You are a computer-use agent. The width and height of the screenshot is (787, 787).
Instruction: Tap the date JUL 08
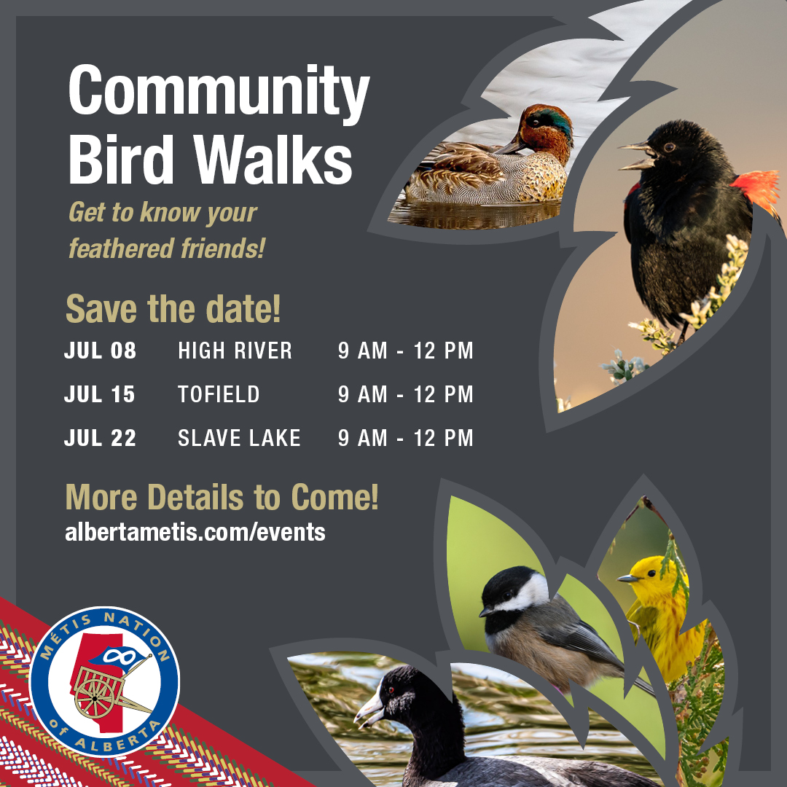tap(100, 351)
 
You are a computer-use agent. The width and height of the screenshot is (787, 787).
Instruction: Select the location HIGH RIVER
tap(235, 351)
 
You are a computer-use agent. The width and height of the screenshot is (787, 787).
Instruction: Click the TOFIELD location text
tap(219, 395)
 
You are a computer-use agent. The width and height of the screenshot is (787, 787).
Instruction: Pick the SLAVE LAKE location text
tap(239, 438)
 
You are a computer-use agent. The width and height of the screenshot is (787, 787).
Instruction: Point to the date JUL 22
tap(100, 438)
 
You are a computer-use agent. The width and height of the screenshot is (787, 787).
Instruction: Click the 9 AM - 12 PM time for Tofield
tap(405, 395)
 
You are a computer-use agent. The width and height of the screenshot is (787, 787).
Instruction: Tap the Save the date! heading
tap(173, 309)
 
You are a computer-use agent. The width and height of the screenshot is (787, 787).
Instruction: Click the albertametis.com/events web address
tap(195, 532)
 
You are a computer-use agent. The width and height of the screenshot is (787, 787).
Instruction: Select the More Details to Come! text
tap(222, 498)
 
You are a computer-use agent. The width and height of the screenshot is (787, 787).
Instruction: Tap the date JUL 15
tap(100, 395)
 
